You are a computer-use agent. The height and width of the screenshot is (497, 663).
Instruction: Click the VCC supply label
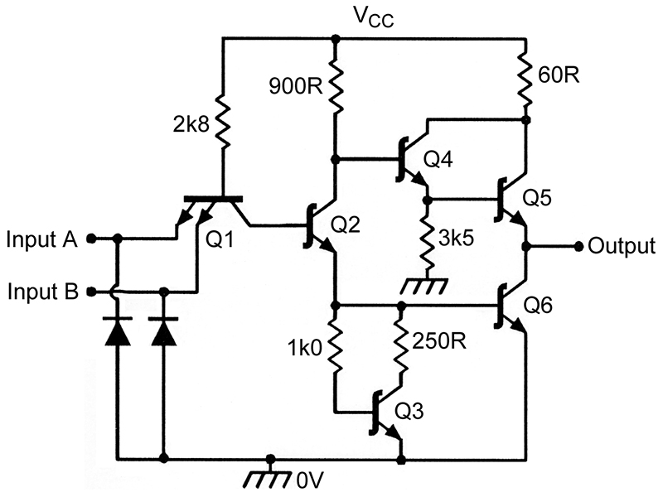click(x=374, y=17)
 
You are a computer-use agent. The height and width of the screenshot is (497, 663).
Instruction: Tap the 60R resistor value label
click(x=559, y=75)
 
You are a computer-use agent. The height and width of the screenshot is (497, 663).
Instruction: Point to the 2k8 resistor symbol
click(x=223, y=123)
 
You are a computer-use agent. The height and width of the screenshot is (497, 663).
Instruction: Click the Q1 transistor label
click(x=220, y=240)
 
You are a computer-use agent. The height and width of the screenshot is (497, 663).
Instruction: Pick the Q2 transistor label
click(x=345, y=224)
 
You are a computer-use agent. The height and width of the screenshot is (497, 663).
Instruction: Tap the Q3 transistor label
click(x=409, y=411)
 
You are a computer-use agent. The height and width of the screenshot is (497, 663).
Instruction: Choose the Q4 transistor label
click(x=438, y=160)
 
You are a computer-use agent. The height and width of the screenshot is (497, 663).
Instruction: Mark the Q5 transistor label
click(x=537, y=197)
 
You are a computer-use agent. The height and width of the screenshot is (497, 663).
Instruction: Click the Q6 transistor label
click(x=538, y=305)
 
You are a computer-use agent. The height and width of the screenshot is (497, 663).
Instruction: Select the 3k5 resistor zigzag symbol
click(x=428, y=239)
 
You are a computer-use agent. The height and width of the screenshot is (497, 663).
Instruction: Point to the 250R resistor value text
click(x=439, y=340)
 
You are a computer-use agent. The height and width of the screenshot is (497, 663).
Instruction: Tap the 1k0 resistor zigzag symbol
click(x=336, y=345)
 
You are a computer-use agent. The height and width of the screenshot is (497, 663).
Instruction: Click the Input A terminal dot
click(x=90, y=239)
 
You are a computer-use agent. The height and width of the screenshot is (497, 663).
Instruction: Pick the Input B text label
click(x=43, y=292)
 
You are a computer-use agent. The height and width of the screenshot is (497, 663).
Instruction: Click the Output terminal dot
click(x=579, y=246)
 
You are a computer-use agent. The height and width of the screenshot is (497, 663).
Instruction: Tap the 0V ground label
click(x=311, y=480)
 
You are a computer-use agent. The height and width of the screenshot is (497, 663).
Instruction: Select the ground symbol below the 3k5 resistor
click(x=423, y=285)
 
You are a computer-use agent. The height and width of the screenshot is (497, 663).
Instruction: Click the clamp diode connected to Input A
click(x=117, y=331)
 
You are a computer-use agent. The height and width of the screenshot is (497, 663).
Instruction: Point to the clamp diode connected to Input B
click(x=163, y=331)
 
